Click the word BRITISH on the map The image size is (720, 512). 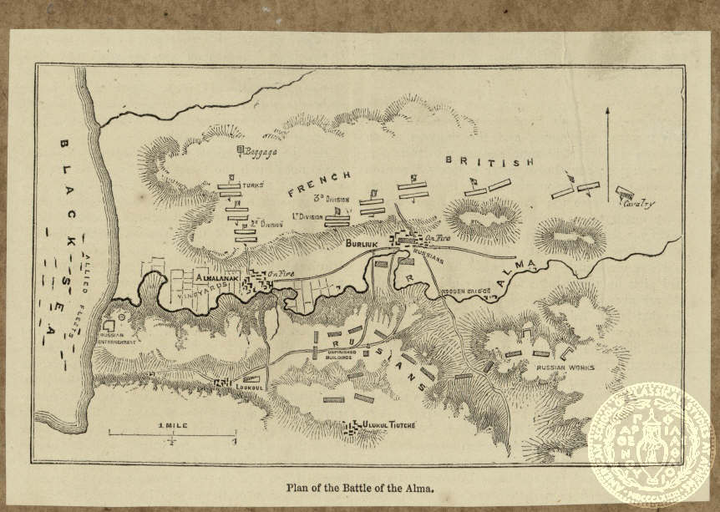pyautogui.click(x=489, y=162)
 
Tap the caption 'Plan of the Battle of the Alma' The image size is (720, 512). pyautogui.click(x=359, y=487)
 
